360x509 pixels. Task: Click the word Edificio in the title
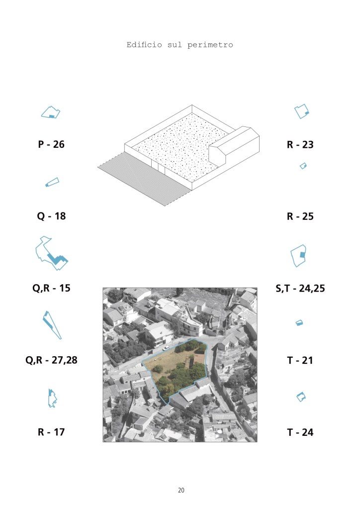point(144,45)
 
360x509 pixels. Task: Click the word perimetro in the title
point(210,45)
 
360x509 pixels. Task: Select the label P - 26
point(51,144)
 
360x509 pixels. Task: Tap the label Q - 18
point(51,216)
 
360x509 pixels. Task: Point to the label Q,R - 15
point(51,288)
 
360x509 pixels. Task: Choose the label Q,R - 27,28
point(51,360)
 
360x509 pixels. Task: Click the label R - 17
point(51,432)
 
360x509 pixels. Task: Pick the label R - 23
point(300,144)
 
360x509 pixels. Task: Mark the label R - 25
point(300,216)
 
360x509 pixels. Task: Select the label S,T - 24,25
point(300,288)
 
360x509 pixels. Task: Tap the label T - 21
point(300,360)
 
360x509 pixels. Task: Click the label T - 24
point(300,432)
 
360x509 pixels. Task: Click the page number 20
point(181,490)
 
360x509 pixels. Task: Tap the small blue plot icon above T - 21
point(299,323)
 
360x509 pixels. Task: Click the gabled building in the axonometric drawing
point(234,145)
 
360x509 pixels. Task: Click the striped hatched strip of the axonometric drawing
point(144,179)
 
